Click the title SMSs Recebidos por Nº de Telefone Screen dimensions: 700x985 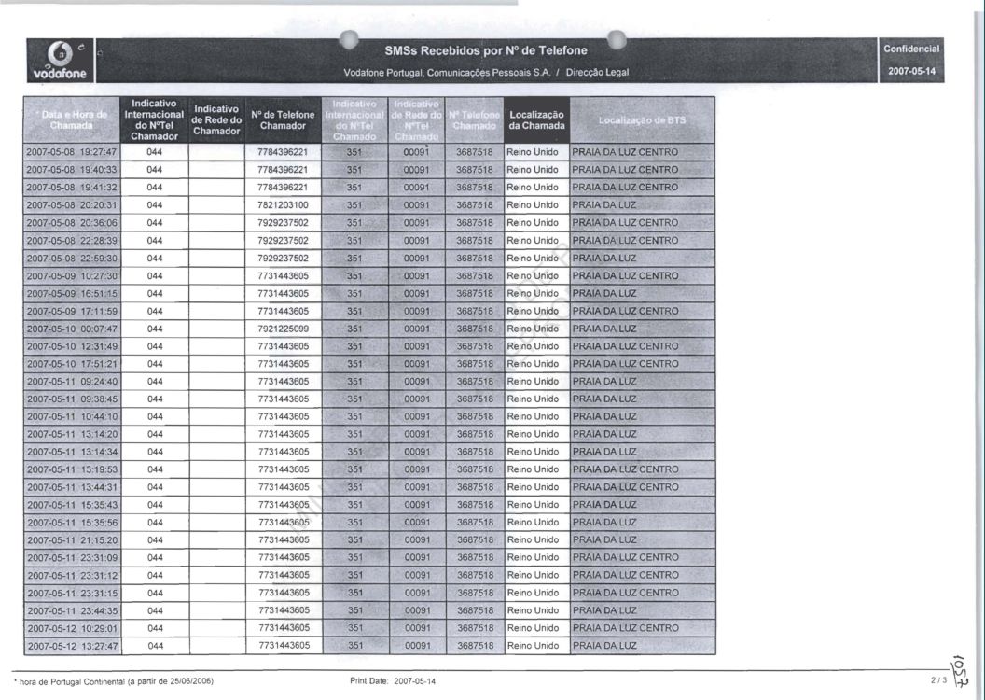click(x=486, y=50)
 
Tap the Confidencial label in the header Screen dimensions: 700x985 click(x=911, y=49)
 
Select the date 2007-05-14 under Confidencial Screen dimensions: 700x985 click(x=911, y=71)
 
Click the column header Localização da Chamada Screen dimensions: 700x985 click(x=535, y=120)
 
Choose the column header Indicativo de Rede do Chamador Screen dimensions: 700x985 click(x=216, y=120)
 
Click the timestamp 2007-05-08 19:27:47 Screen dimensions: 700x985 click(x=72, y=152)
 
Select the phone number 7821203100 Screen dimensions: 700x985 click(x=283, y=204)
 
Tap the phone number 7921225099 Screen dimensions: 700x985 click(x=283, y=329)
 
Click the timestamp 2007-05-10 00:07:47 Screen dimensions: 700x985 click(x=72, y=329)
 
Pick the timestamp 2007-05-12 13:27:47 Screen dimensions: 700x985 click(x=72, y=646)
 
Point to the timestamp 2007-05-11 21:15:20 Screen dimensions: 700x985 click(x=72, y=540)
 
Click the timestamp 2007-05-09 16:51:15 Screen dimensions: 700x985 click(x=72, y=293)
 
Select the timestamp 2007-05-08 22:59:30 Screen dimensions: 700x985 click(x=72, y=258)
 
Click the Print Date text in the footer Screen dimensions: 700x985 click(x=393, y=681)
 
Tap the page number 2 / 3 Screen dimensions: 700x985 click(x=937, y=681)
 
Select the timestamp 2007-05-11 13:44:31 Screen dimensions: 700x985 click(x=72, y=487)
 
